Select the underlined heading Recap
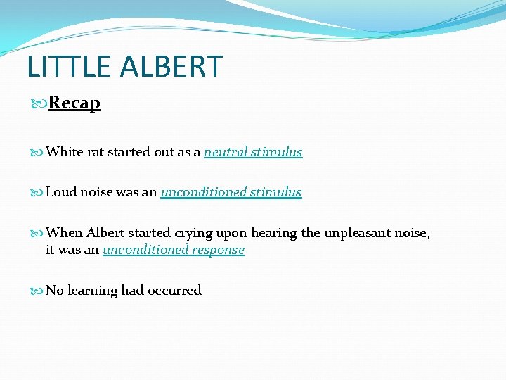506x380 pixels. pos(74,103)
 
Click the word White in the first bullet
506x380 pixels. pos(65,152)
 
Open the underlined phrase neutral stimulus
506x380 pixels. pos(253,152)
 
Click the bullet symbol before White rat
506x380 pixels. pos(38,153)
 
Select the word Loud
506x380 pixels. pos(60,192)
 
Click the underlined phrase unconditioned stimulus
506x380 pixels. pos(231,192)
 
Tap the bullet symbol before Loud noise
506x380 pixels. pos(38,193)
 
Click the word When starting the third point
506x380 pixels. pos(64,234)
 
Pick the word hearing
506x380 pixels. pos(273,234)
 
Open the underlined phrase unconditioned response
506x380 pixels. pos(173,250)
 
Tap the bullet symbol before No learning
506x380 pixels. pos(38,291)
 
